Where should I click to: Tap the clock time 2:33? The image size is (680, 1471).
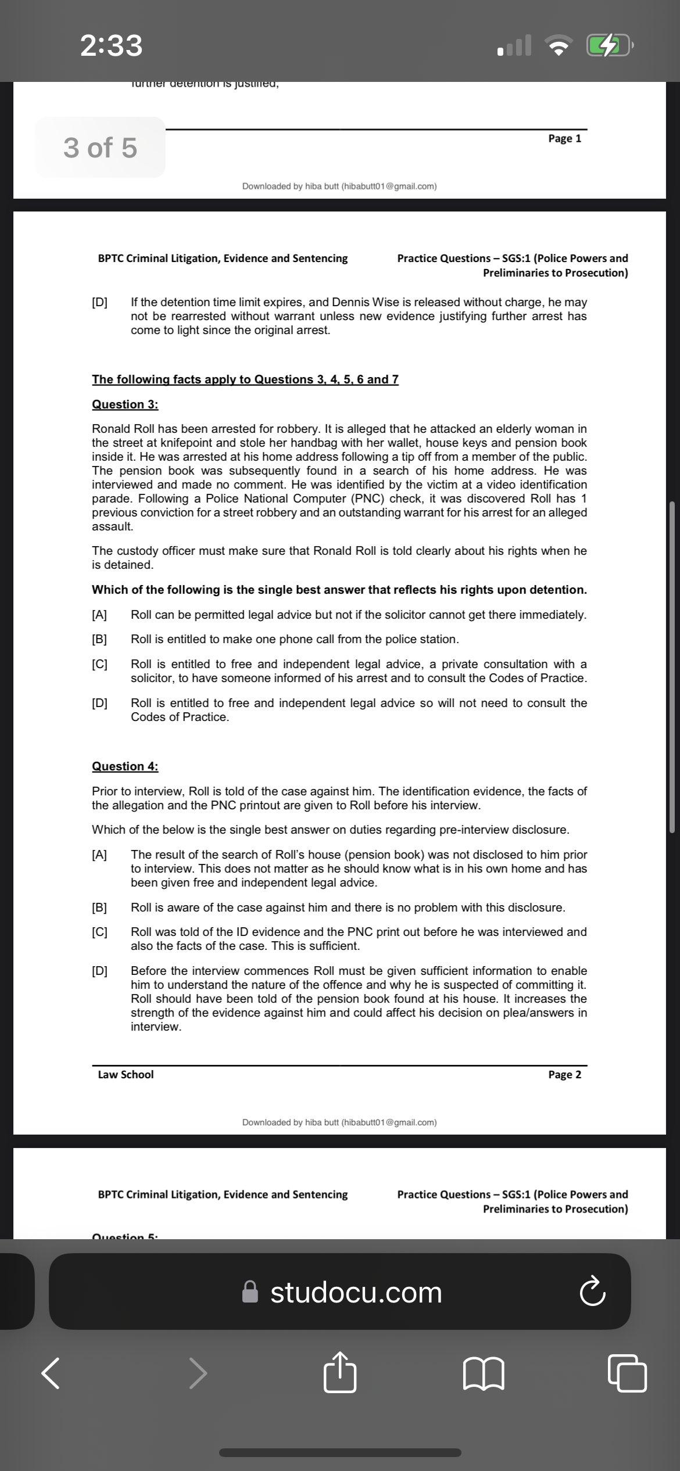coord(111,45)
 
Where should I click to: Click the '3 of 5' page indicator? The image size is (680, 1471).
coord(100,148)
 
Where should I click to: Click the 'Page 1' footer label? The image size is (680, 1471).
coord(564,138)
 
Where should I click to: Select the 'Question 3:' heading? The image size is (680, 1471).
coord(125,404)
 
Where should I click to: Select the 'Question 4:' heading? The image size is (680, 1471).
coord(125,766)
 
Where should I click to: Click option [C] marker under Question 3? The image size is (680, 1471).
coord(99,664)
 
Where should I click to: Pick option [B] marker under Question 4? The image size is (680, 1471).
coord(99,907)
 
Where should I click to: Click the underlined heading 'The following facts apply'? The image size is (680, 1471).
coord(245,379)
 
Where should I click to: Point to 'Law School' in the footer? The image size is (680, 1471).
coord(126,1074)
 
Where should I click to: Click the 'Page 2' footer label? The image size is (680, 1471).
coord(564,1074)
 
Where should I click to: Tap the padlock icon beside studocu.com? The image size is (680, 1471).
coord(250,1292)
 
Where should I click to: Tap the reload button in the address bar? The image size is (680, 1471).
coord(592,1292)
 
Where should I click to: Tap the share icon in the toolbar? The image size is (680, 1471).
coord(339,1372)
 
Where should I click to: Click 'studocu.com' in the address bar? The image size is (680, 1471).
coord(356,1292)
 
